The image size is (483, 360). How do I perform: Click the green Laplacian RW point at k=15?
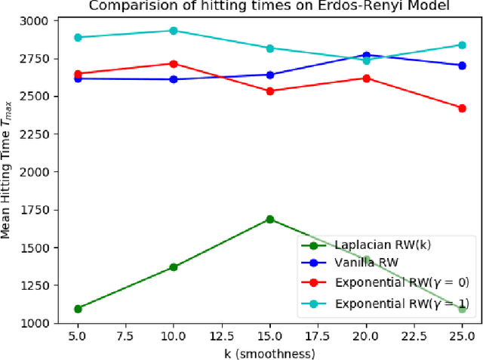(269, 220)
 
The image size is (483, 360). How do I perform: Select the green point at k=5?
(78, 309)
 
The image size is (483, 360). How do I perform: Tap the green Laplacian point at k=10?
(174, 266)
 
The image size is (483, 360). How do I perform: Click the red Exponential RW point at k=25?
(462, 108)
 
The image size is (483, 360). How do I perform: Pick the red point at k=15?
(269, 91)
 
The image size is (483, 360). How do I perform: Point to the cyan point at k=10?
(174, 31)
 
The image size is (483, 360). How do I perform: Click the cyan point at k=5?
(78, 37)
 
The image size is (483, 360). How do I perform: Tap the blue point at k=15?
(269, 75)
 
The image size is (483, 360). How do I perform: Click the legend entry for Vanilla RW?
(366, 263)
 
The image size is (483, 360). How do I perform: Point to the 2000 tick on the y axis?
(35, 172)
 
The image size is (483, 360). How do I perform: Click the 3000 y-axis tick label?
(35, 20)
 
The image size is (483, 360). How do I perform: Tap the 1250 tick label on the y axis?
(35, 285)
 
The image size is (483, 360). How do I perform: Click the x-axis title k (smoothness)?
(269, 351)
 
